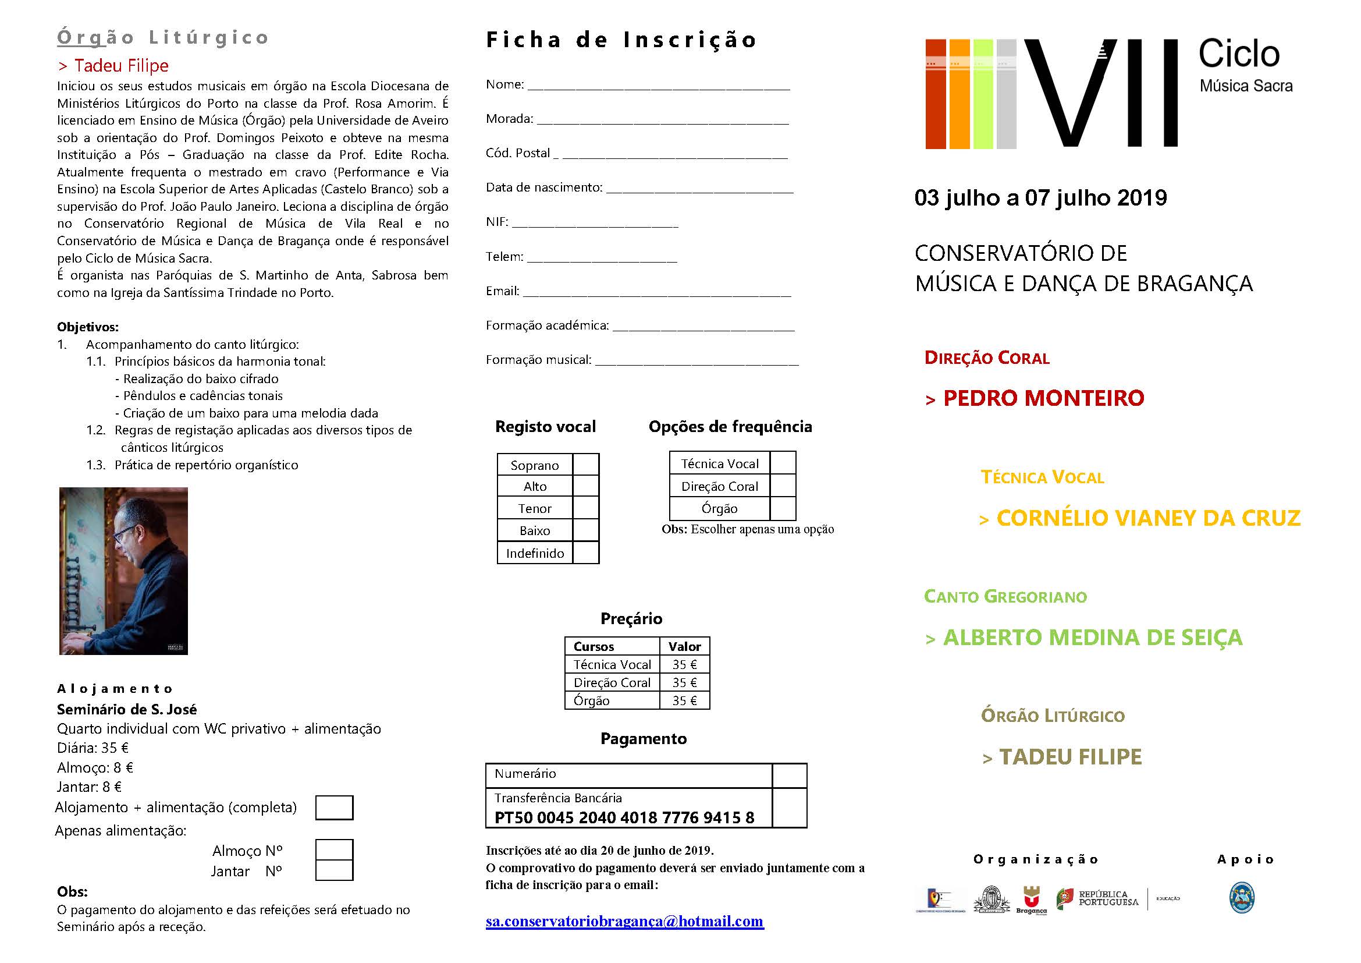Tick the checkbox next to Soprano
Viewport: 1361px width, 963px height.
(x=586, y=465)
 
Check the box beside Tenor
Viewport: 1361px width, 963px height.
(x=586, y=508)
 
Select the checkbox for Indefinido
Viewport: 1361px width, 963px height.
(x=586, y=553)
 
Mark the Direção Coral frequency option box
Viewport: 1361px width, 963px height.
(x=783, y=486)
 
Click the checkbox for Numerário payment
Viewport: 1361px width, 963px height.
(x=790, y=776)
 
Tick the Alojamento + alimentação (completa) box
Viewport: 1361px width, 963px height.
(x=335, y=808)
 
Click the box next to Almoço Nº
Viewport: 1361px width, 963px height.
(x=335, y=849)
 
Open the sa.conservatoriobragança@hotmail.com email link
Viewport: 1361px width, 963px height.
(x=624, y=921)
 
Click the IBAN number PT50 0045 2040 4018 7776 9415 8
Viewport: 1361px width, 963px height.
(x=624, y=817)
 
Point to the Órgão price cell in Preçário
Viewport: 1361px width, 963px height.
(x=685, y=700)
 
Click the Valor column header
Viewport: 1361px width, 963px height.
(x=685, y=646)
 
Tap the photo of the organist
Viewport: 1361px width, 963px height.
(x=123, y=571)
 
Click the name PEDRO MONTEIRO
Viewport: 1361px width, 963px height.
(x=1043, y=398)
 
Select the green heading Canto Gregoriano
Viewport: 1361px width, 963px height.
(x=1005, y=597)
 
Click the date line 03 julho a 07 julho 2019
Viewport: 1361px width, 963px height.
(x=1040, y=198)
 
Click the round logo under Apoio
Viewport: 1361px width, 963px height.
(x=1242, y=898)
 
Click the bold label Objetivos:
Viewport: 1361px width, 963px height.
(x=88, y=327)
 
